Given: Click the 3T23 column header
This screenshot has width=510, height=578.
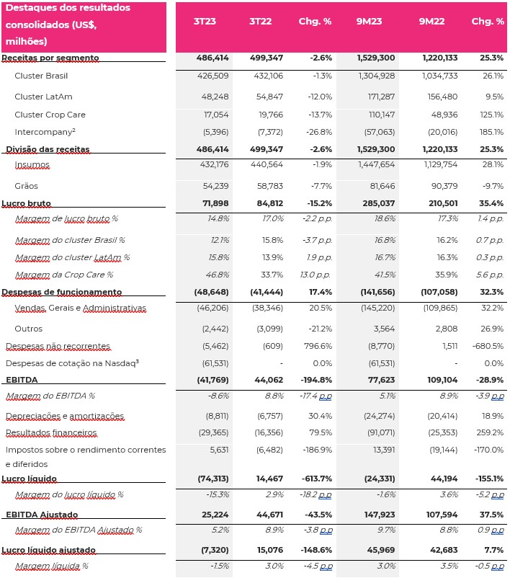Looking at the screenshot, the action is (205, 22).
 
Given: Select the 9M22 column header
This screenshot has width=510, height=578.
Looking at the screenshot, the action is (431, 22).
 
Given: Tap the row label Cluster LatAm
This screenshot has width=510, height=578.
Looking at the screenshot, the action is (43, 97).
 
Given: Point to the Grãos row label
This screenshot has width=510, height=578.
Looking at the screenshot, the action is (26, 186).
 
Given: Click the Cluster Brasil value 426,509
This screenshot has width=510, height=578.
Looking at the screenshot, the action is (213, 76).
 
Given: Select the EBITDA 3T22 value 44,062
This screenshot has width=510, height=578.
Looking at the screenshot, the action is (269, 380).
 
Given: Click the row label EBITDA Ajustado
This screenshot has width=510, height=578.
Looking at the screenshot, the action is (42, 515).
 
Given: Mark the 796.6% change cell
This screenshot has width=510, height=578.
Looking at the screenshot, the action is (318, 346).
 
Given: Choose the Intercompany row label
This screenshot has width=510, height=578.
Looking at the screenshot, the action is (45, 132).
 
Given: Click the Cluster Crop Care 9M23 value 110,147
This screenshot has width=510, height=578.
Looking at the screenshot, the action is (382, 115).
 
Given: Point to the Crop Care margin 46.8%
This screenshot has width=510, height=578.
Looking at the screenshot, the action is (218, 275).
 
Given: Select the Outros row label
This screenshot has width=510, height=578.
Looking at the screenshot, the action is (28, 329).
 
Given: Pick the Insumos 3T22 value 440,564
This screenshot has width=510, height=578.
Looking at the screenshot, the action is (267, 164).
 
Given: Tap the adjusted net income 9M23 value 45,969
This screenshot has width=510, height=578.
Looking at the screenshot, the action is (380, 550).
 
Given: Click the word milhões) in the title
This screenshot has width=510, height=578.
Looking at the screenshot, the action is (27, 41).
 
